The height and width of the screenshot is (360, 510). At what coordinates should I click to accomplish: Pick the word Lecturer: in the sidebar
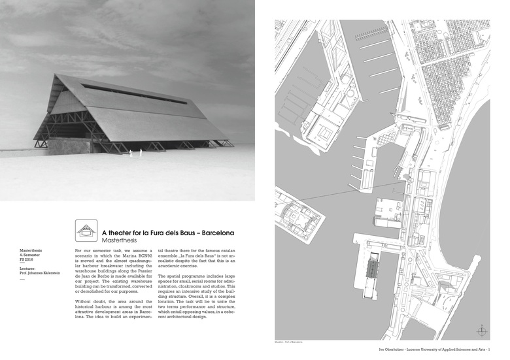point(31,268)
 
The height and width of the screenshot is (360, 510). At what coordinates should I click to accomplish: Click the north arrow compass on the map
point(482,331)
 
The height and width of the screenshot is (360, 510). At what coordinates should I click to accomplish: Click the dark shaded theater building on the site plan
point(373,266)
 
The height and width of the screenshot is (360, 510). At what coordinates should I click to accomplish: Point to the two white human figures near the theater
point(135,154)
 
